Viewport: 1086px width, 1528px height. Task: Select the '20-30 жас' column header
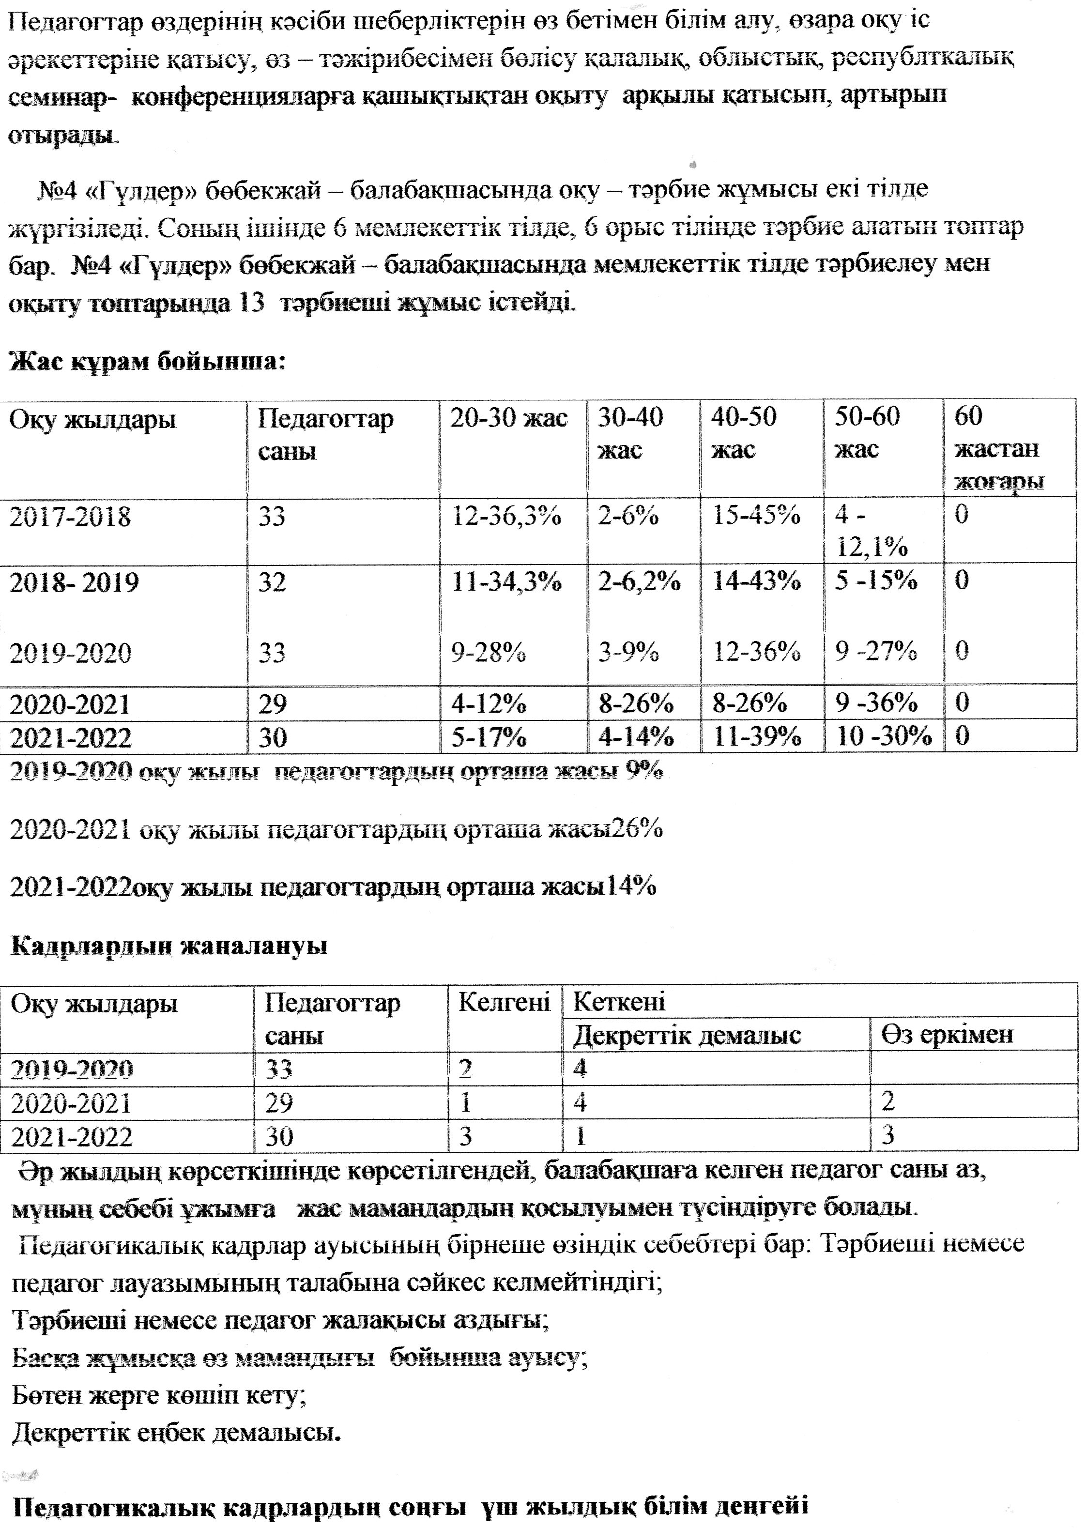(508, 419)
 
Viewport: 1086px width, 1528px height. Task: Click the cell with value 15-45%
(756, 516)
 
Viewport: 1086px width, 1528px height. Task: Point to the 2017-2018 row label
(70, 517)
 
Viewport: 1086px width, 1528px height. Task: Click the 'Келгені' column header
(504, 1002)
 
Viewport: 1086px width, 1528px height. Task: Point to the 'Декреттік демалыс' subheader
(687, 1035)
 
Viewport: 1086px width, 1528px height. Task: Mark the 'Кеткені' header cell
(619, 1002)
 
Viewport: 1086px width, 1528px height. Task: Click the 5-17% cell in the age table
(488, 737)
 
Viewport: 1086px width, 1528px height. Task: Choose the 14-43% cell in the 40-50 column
(756, 581)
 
